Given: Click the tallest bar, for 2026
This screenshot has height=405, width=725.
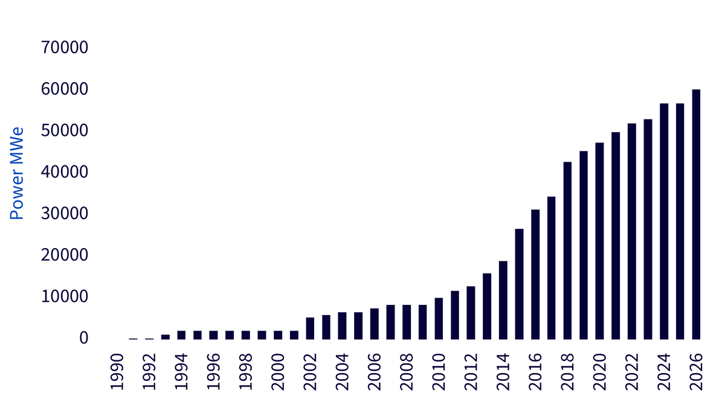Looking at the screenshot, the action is [696, 214].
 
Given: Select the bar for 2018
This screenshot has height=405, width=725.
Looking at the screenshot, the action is [567, 250].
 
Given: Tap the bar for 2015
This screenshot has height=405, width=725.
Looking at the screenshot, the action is [519, 284].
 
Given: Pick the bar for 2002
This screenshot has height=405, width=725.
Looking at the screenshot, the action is [310, 328].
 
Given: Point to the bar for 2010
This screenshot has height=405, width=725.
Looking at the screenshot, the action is [439, 319].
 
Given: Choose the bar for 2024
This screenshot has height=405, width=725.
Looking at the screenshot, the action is [664, 222].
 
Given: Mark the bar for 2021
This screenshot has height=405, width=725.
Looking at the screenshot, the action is [616, 235].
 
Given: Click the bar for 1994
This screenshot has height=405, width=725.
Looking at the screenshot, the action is [182, 335].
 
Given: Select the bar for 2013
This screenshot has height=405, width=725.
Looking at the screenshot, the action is [487, 307].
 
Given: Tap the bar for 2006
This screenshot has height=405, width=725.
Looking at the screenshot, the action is [375, 324].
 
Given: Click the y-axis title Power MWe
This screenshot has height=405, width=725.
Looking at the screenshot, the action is [17, 173].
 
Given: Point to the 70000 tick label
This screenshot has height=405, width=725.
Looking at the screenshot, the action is [65, 47].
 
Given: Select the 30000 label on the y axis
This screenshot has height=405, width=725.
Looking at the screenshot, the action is [65, 213].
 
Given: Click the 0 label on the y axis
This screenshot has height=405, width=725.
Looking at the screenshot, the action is [84, 338].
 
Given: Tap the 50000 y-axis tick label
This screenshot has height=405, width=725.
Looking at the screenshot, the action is [65, 130].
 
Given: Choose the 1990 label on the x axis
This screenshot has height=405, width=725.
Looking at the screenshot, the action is [117, 372].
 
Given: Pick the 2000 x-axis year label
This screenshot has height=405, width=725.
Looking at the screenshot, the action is [278, 372].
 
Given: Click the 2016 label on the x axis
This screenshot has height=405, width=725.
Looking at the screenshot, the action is [535, 372].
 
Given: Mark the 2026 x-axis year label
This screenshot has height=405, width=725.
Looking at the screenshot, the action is [696, 372].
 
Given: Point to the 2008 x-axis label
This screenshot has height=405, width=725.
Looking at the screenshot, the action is [407, 372].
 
